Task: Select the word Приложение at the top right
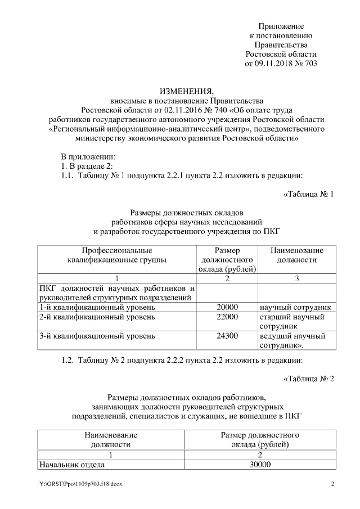281,26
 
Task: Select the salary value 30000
260,465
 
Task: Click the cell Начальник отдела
71,465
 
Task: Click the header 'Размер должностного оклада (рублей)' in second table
260,440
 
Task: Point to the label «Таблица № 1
309,195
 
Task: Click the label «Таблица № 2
309,378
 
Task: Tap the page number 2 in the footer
332,484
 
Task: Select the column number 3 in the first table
296,278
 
